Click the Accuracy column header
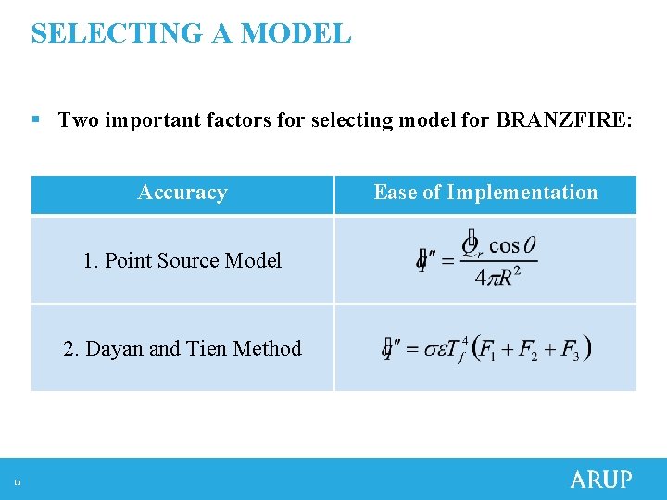point(182,193)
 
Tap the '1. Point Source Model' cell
point(182,260)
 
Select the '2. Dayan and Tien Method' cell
point(182,348)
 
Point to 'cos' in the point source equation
point(504,245)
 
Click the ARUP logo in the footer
point(600,480)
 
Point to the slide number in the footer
point(17,481)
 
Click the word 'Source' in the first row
point(182,260)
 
